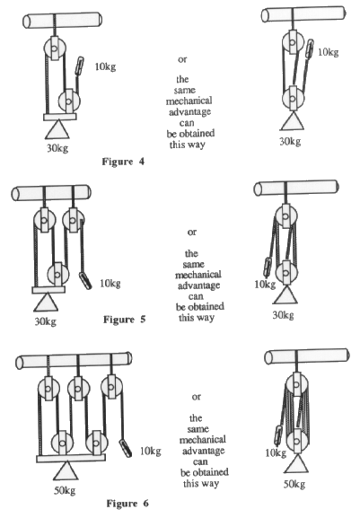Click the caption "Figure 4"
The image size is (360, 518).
point(123,162)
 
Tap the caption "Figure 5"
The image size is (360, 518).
point(125,320)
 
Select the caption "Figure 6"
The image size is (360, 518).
point(127,504)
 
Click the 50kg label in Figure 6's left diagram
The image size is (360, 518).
point(65,490)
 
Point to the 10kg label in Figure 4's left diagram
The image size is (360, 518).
point(105,66)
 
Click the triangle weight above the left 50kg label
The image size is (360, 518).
point(66,470)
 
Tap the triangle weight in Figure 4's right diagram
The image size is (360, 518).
point(293,121)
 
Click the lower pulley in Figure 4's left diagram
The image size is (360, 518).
point(69,101)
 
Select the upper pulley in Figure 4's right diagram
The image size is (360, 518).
point(293,42)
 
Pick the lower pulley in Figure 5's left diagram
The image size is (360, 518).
point(58,274)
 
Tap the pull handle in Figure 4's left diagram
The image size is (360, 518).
point(79,66)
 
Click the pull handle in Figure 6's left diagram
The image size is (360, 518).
point(125,448)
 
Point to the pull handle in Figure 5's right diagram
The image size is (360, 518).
point(268,267)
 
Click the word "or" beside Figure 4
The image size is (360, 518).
point(182,60)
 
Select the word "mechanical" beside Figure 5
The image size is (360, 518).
point(198,275)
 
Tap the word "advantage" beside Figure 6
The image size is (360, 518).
point(204,452)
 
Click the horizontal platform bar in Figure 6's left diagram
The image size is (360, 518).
point(71,458)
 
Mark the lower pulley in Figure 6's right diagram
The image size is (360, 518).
point(298,441)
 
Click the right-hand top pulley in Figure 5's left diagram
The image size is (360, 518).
point(73,219)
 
